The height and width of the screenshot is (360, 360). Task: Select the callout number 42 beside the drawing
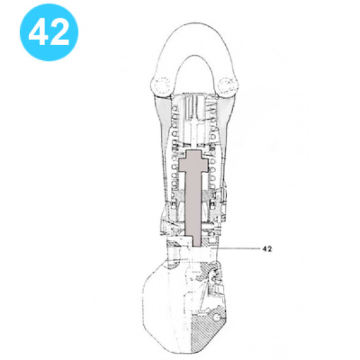pyautogui.click(x=266, y=249)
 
